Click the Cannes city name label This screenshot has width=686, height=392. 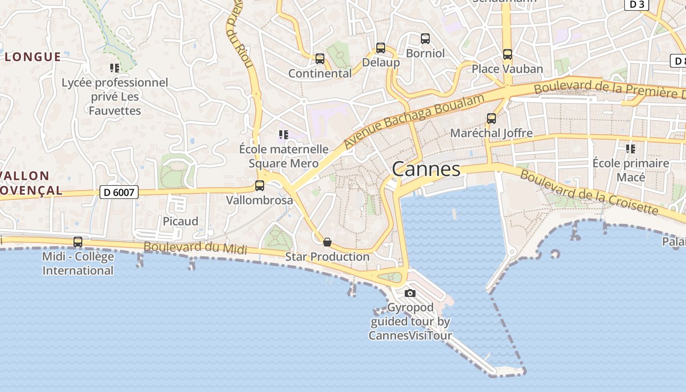coord(426,170)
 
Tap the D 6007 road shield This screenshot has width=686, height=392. coord(119,192)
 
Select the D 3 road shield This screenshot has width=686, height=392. coord(637,4)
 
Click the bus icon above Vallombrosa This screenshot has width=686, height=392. coord(260,186)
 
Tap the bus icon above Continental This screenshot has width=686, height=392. coord(320,59)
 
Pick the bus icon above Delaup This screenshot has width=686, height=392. coord(381,48)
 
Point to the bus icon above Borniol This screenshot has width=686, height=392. coord(425,38)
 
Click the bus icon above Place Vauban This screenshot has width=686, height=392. coord(508,54)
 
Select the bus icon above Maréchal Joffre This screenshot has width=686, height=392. coord(491,118)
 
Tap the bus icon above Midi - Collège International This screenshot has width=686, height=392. coord(78,242)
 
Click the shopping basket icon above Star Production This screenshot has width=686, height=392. coord(327,242)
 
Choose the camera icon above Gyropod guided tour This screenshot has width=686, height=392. coord(410,293)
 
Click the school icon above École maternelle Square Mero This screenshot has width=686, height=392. coord(283,134)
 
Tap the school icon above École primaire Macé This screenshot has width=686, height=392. coord(631,148)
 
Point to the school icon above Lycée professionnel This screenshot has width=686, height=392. coord(115,68)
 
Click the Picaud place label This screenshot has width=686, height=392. coord(180,221)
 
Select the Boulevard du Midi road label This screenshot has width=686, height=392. coord(195,247)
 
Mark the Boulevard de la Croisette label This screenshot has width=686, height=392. coord(588,192)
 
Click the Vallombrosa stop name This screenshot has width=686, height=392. coord(260,200)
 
